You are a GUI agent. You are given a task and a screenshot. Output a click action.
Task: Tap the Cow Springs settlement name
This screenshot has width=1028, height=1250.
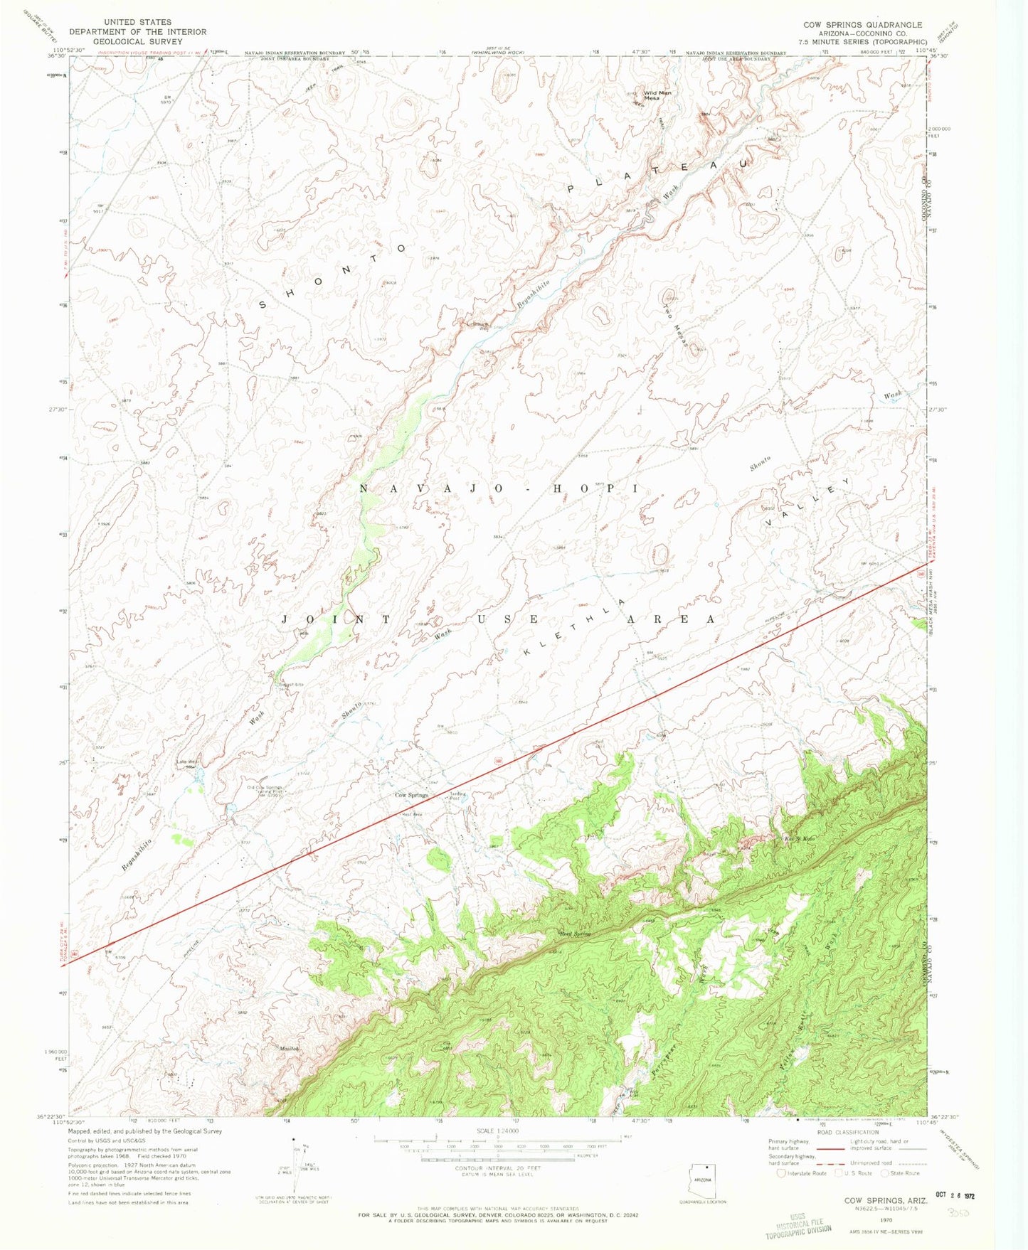411,795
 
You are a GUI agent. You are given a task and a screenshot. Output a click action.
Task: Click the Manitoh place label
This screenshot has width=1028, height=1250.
290,1049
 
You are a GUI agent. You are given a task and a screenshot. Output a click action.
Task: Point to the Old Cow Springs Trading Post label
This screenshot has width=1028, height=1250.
265,791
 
